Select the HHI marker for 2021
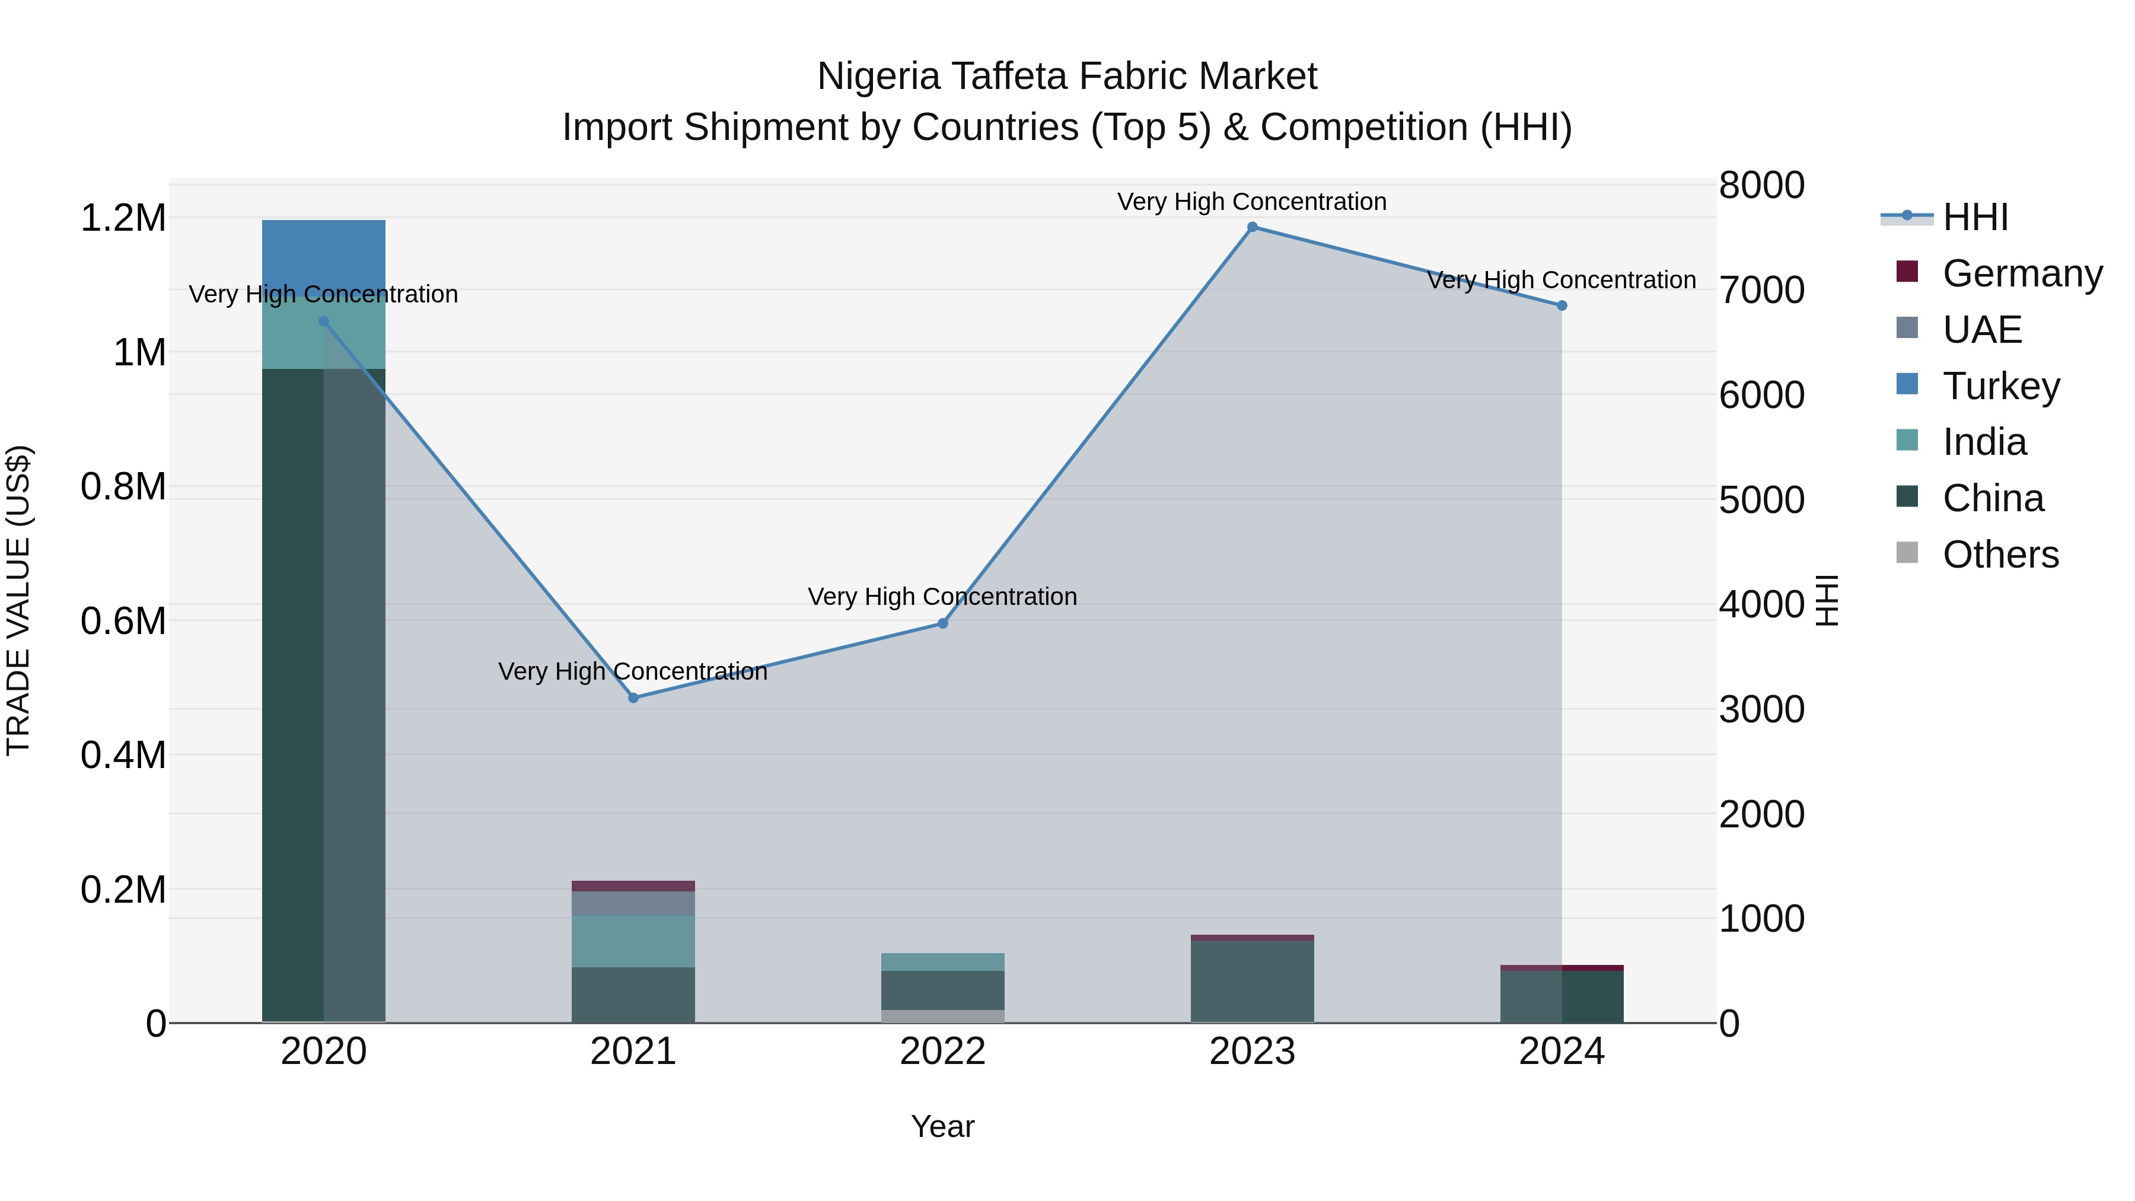pos(633,698)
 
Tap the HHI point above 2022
pos(942,623)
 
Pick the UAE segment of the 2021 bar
pos(633,903)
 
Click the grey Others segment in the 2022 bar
pos(942,1016)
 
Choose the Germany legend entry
pos(2022,273)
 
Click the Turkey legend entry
pos(2001,386)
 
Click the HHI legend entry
pos(1975,217)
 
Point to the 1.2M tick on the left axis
pos(123,219)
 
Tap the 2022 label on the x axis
pos(942,1052)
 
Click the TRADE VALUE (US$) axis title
pos(19,600)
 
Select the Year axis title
pos(942,1126)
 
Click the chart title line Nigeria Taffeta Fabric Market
pos(1067,77)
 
